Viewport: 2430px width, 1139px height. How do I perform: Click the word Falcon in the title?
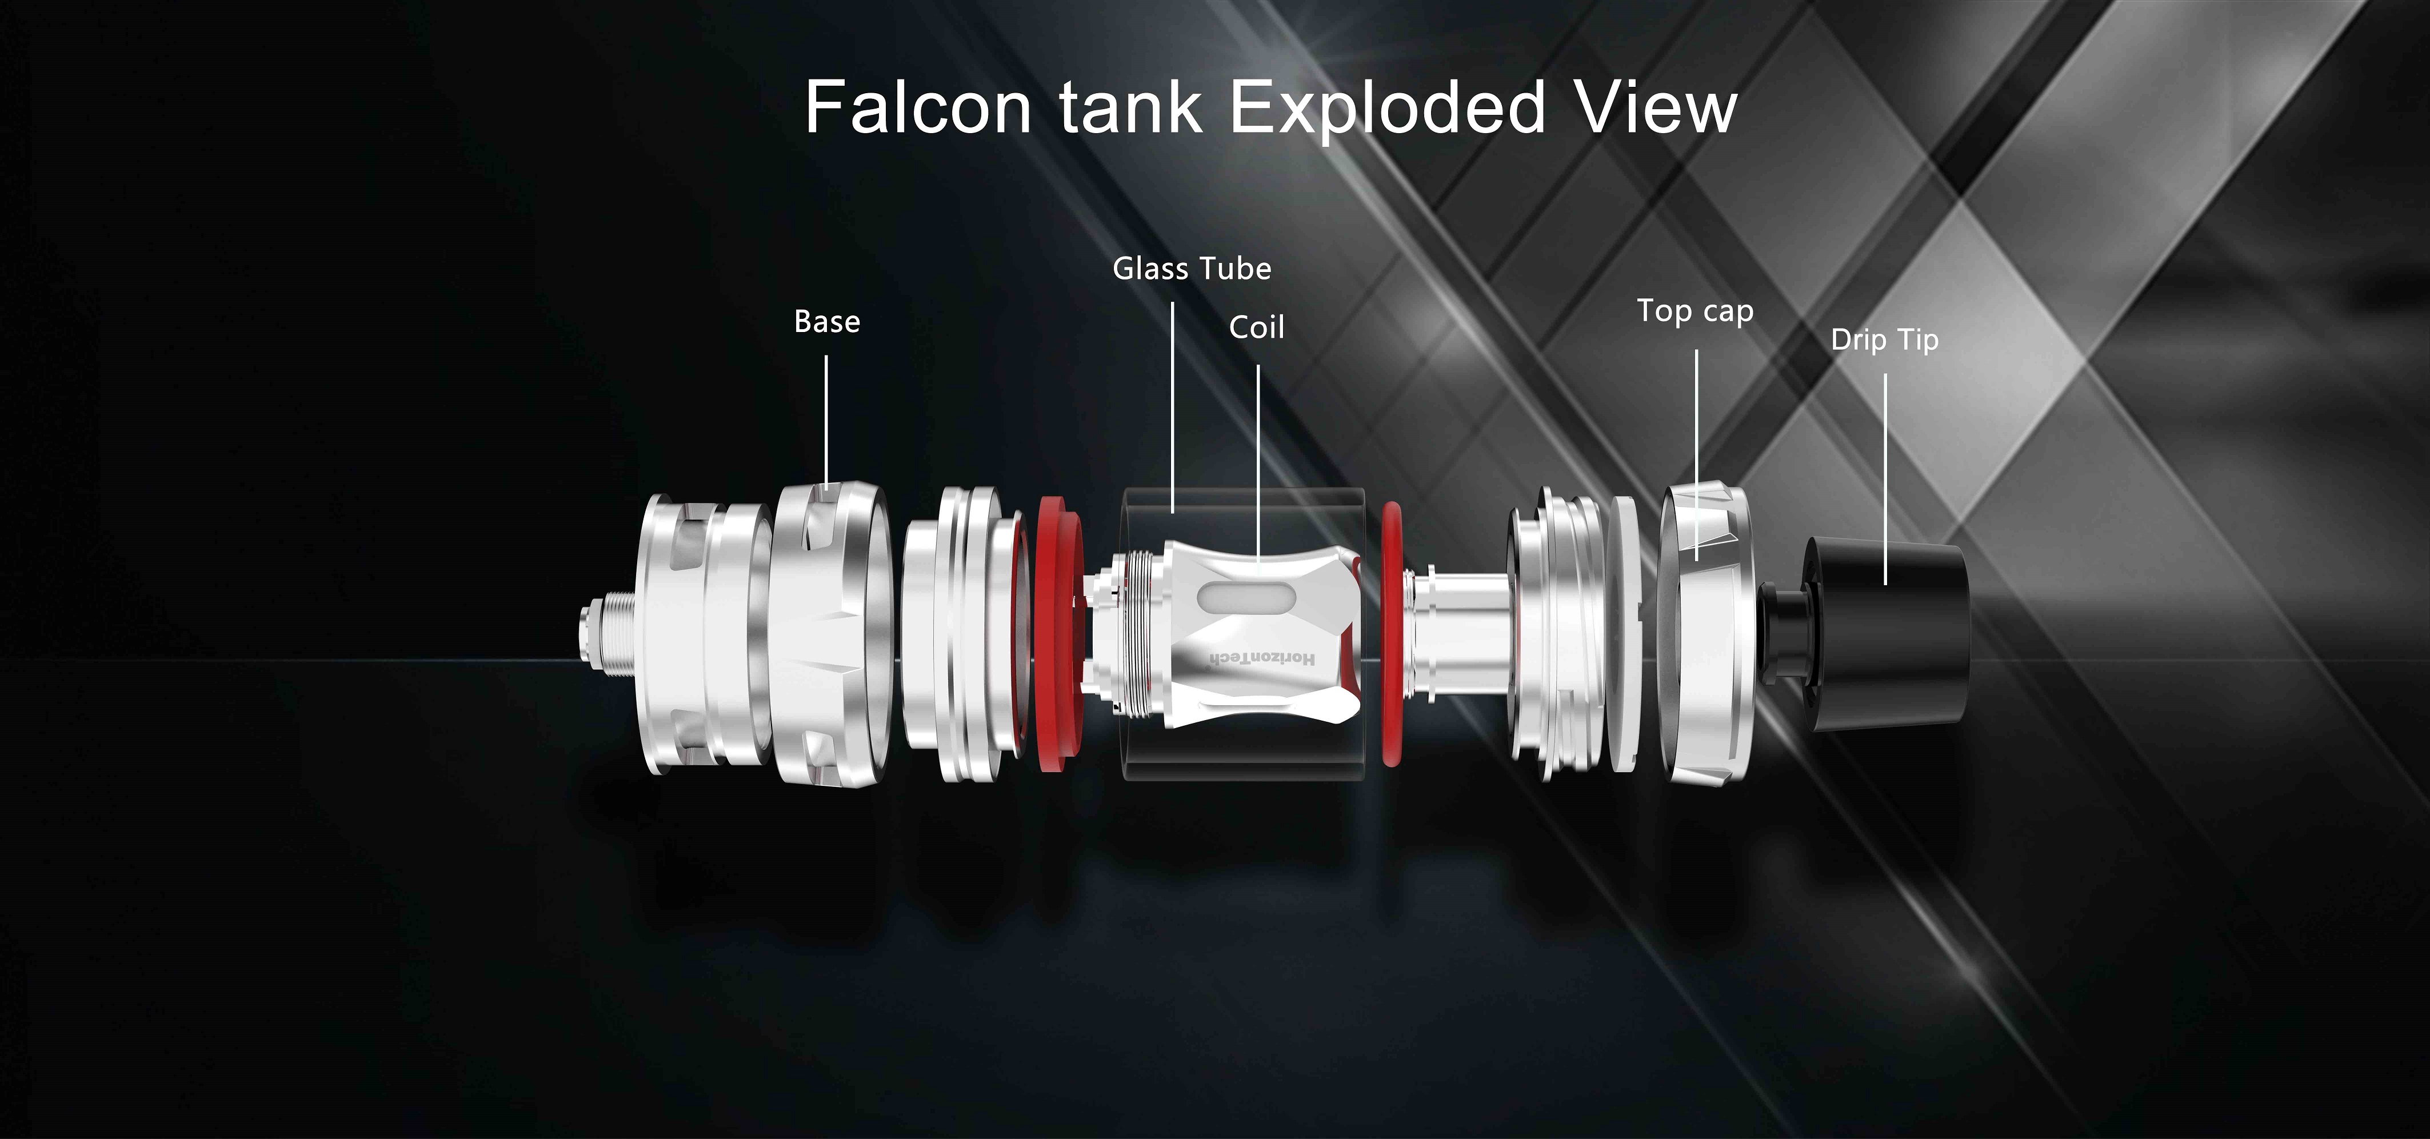tap(919, 107)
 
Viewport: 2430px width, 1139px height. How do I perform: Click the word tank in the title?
tap(1130, 107)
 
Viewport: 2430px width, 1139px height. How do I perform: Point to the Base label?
tap(828, 322)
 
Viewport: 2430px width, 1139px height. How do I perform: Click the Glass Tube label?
tap(1192, 269)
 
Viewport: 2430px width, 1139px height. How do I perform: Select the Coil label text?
tap(1257, 327)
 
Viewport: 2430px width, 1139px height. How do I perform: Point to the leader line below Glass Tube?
tap(1173, 407)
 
